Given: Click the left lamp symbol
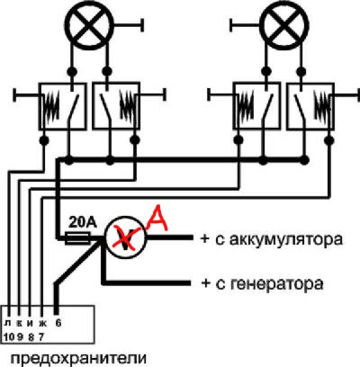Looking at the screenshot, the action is point(88,26).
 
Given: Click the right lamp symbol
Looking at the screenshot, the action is point(283,26).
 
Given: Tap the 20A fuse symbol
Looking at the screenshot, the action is point(78,238).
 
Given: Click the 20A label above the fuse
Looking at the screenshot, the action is point(83,222).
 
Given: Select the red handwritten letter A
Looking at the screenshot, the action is point(156,219).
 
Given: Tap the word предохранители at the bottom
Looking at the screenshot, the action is point(79,359).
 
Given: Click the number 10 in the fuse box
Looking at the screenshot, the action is point(9,336).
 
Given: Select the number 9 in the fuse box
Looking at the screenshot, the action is point(20,336).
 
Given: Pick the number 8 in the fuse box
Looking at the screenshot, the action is point(31,336).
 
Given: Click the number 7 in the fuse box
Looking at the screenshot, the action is point(41,336).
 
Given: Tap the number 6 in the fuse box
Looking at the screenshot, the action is point(58,323).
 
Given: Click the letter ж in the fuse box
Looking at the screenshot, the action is point(42,324).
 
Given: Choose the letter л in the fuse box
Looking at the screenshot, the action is point(7,324).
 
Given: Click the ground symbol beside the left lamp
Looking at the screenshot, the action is point(128,25).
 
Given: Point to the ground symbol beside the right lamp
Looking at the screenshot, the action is point(245,25).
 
